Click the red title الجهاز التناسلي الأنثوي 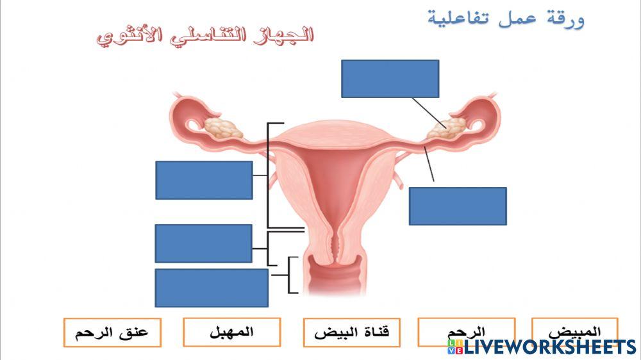pyautogui.click(x=205, y=35)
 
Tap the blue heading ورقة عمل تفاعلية pyautogui.click(x=506, y=17)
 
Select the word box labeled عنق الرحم pyautogui.click(x=112, y=332)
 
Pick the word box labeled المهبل pyautogui.click(x=231, y=332)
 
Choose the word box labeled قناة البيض pyautogui.click(x=352, y=332)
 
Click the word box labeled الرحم pyautogui.click(x=466, y=331)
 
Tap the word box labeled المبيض pyautogui.click(x=575, y=331)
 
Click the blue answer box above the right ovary pyautogui.click(x=390, y=78)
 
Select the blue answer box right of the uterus pyautogui.click(x=458, y=206)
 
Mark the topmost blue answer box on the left pyautogui.click(x=204, y=180)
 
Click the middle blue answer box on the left pyautogui.click(x=203, y=243)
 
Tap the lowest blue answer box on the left pyautogui.click(x=212, y=288)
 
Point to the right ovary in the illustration pyautogui.click(x=449, y=127)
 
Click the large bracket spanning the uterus pyautogui.click(x=268, y=175)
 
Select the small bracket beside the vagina pyautogui.click(x=290, y=275)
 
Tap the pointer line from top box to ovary pyautogui.click(x=426, y=110)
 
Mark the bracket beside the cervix pyautogui.click(x=268, y=249)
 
